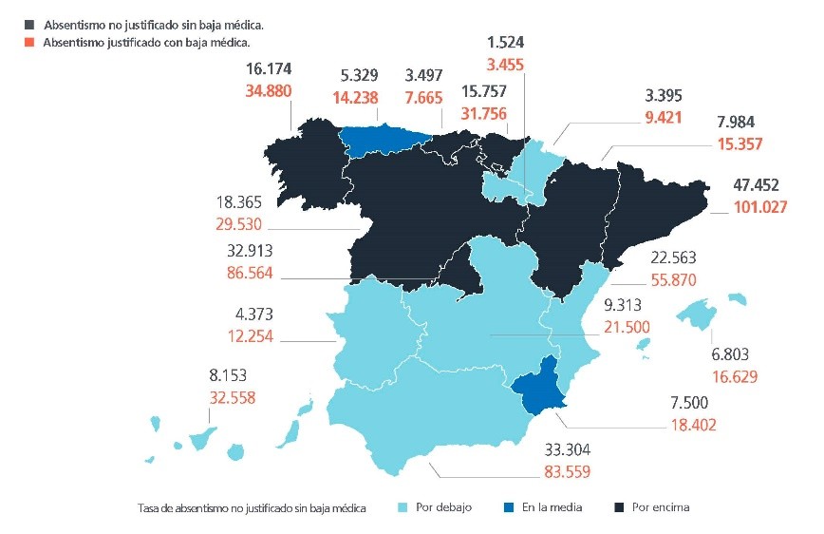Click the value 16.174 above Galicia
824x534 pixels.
pos(268,69)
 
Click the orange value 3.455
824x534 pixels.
pos(504,65)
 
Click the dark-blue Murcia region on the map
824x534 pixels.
pos(541,385)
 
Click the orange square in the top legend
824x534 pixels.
pos(32,42)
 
